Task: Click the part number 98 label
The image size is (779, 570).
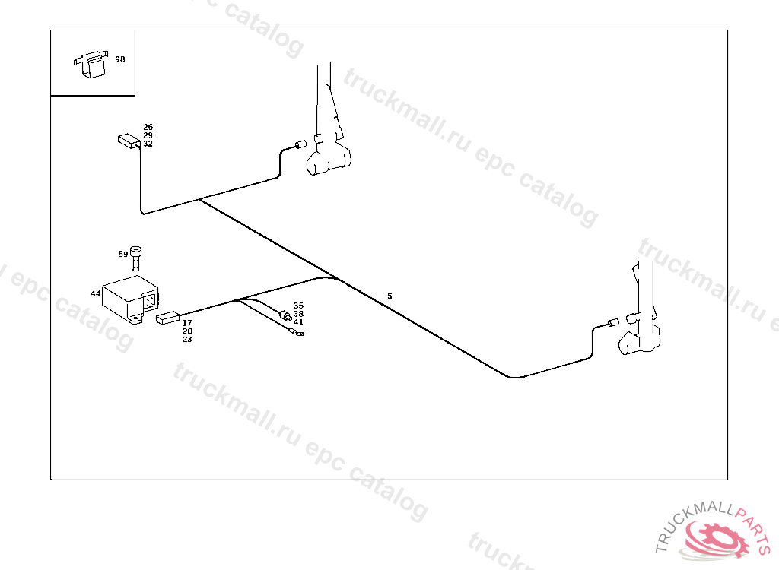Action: click(x=120, y=59)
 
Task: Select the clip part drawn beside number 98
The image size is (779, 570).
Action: click(x=91, y=63)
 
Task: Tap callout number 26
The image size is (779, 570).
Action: click(x=148, y=127)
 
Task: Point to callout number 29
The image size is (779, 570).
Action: click(x=148, y=135)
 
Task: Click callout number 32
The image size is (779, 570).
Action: click(x=148, y=144)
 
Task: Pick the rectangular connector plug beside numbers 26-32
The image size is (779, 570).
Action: click(x=129, y=141)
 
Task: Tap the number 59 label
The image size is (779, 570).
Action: click(x=123, y=254)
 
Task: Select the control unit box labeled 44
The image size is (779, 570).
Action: click(x=129, y=299)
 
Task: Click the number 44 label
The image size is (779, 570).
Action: click(x=96, y=293)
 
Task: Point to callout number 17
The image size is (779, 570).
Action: click(x=187, y=323)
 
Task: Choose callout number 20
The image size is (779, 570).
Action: click(x=187, y=331)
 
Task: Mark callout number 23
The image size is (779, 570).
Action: click(x=187, y=340)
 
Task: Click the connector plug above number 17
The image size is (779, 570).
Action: click(x=167, y=318)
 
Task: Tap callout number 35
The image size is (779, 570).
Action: click(x=298, y=306)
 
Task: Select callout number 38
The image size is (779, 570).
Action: click(x=298, y=314)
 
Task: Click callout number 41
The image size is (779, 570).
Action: click(x=298, y=322)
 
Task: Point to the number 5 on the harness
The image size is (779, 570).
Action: click(x=389, y=296)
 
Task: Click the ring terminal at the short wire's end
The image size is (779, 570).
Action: click(x=298, y=331)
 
